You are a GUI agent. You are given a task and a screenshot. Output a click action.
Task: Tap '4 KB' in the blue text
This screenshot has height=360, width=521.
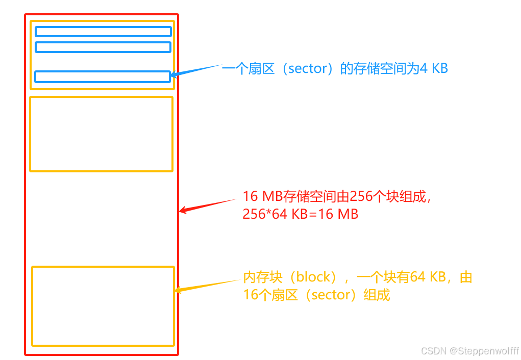[434, 69]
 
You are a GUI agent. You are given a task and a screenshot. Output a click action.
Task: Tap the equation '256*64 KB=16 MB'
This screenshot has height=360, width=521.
[301, 214]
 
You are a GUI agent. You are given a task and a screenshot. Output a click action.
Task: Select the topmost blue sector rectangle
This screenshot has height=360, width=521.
[103, 32]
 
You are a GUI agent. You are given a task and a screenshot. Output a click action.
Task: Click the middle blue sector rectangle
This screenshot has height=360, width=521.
[103, 47]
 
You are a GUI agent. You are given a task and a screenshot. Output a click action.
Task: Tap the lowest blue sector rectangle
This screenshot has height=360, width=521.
[102, 76]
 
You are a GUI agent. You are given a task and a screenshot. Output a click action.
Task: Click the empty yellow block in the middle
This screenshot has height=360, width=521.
[101, 134]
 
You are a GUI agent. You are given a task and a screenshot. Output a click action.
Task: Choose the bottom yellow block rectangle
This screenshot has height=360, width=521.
[103, 305]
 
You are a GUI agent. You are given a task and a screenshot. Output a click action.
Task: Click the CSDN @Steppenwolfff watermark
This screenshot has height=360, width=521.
[469, 351]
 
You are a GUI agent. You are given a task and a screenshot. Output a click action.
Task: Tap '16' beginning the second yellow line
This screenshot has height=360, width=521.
[250, 295]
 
